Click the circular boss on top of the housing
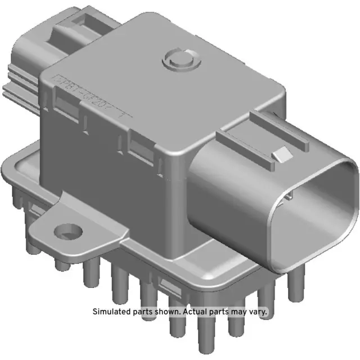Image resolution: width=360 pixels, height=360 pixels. coord(179,59)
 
